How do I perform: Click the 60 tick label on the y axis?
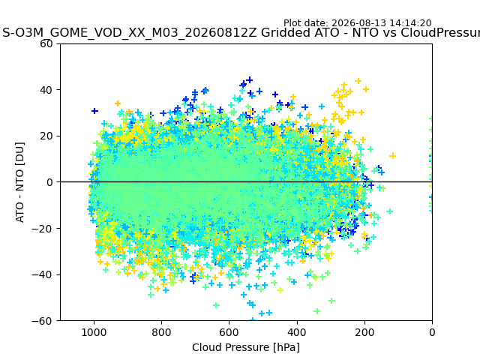coord(46,43)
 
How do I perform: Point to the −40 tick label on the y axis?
coord(42,275)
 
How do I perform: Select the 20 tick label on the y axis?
coord(46,136)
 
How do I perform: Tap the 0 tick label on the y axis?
coord(49,182)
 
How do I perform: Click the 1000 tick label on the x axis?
coord(94,332)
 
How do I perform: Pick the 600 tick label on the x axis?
coord(229,332)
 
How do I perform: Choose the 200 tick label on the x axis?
coord(364,332)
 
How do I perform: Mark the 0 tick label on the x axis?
coord(432,332)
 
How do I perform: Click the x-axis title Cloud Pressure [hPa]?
coord(246,348)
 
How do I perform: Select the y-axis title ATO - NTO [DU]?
coord(19,182)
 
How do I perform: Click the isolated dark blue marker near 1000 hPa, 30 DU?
coord(94,111)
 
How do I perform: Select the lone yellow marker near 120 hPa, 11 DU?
coord(392,156)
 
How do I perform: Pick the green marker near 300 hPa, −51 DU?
coord(331,301)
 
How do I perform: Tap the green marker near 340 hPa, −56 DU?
coord(316,311)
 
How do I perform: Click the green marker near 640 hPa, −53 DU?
coord(216,305)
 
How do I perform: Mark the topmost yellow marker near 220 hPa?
coord(358,81)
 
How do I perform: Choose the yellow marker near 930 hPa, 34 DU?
coord(118,103)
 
